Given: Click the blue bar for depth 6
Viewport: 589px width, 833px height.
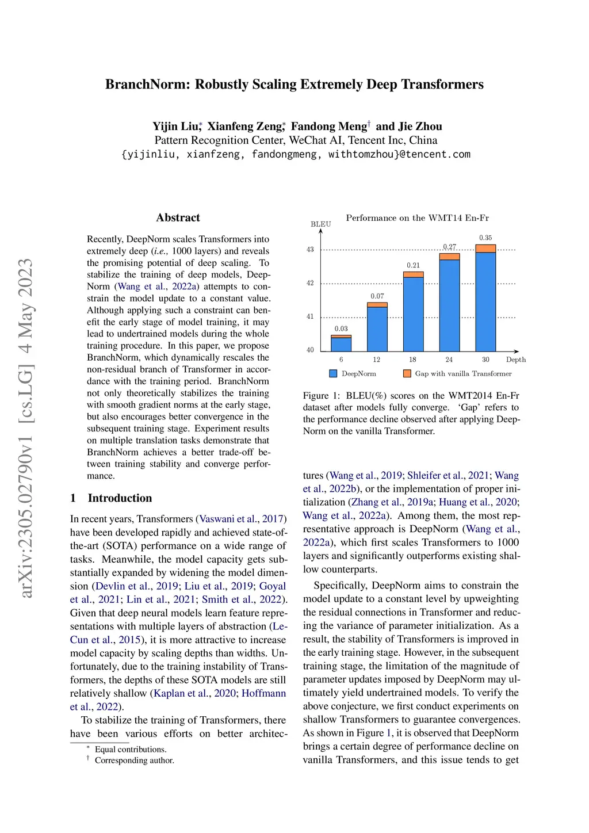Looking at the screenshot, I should click(341, 344).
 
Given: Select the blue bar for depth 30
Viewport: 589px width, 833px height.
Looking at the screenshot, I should click(485, 301).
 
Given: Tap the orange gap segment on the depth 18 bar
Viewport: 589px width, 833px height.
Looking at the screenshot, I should click(413, 274).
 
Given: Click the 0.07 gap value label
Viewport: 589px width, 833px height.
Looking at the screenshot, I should click(377, 296).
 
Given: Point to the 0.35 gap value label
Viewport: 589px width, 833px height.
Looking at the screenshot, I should click(485, 238).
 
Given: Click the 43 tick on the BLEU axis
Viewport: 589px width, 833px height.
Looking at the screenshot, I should click(310, 250).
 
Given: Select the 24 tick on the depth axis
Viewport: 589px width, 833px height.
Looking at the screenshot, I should click(449, 360).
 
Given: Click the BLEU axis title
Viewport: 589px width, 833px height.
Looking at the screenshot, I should click(320, 224).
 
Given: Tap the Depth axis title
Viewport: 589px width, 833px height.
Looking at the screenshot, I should click(516, 360).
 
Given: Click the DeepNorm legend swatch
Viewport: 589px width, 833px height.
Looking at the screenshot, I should click(333, 373).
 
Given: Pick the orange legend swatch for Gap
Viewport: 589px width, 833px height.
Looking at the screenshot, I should click(407, 373).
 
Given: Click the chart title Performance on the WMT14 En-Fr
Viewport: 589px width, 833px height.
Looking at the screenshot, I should click(417, 218).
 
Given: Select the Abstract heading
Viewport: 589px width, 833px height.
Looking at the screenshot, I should click(178, 217).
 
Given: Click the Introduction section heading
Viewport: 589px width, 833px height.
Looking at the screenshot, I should click(120, 498).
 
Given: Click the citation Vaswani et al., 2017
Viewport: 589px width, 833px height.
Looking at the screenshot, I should click(241, 519).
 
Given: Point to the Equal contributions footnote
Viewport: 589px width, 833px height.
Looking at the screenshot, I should click(131, 749).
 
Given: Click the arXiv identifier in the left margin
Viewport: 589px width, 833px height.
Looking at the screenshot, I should click(26, 429).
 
